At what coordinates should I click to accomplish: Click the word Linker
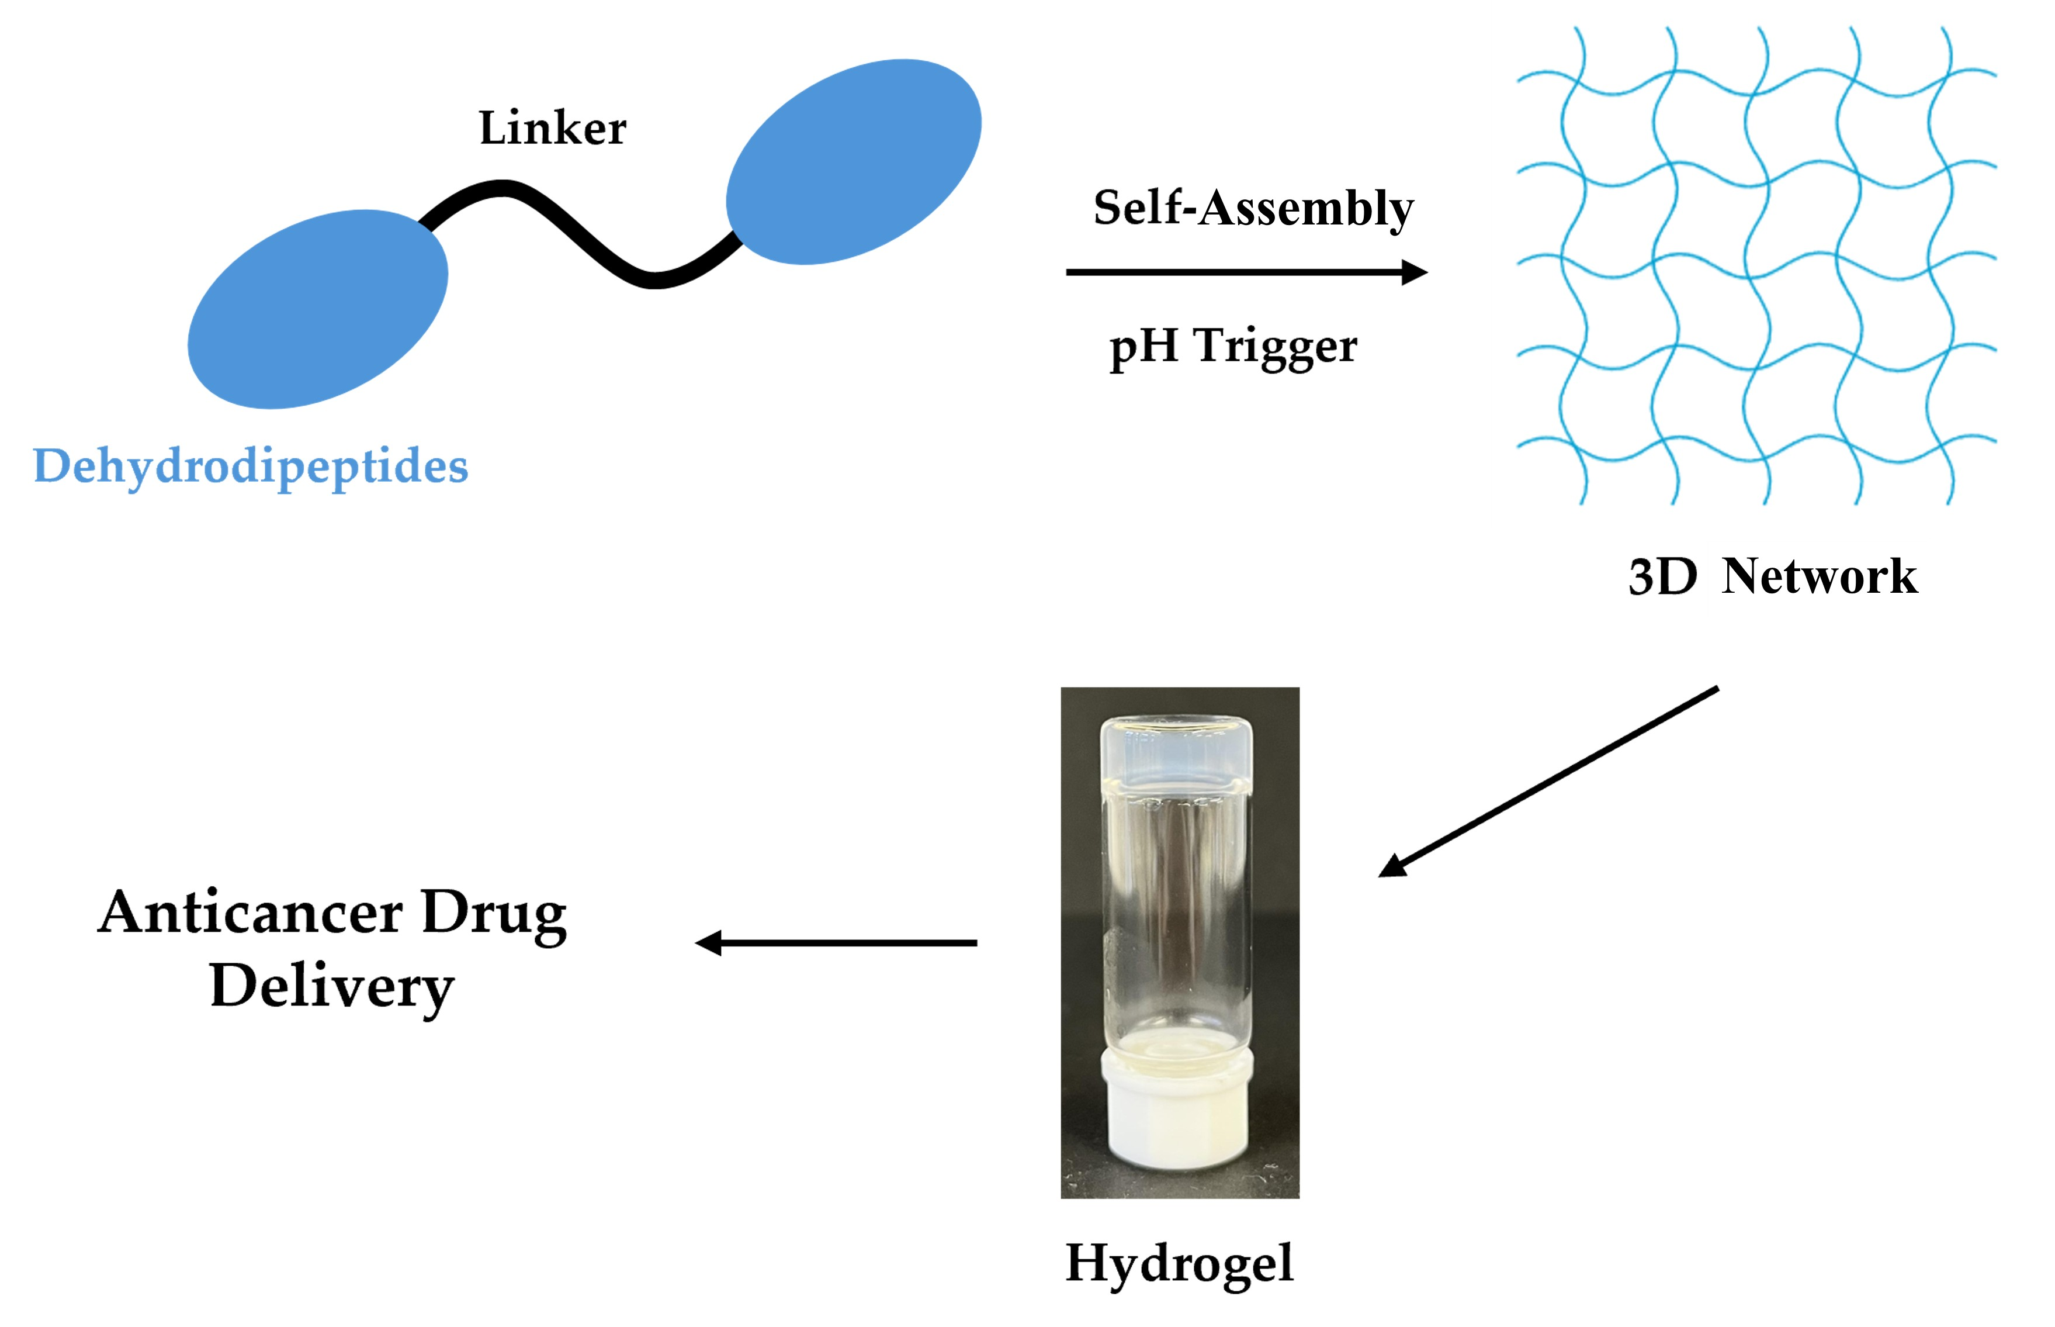(552, 129)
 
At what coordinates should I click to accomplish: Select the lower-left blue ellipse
(318, 309)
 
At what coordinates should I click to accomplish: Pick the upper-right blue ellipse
(854, 162)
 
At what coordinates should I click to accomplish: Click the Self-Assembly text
(1253, 209)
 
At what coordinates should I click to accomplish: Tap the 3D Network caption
(1773, 576)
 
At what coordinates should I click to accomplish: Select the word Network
(1819, 576)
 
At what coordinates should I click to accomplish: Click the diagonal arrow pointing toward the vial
(1548, 782)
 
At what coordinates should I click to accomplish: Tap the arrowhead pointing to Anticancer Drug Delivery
(708, 943)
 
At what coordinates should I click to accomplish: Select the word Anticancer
(249, 913)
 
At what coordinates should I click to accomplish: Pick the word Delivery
(331, 987)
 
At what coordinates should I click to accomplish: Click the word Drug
(494, 916)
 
